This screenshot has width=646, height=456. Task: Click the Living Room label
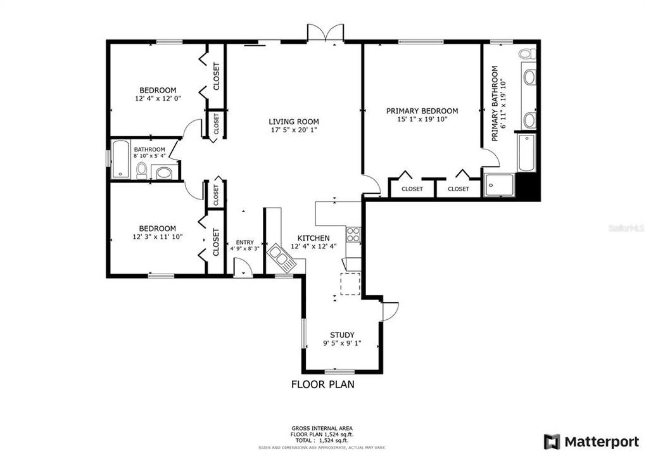click(293, 122)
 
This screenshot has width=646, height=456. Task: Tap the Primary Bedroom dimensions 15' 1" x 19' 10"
click(422, 120)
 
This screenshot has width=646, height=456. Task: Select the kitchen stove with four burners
click(353, 235)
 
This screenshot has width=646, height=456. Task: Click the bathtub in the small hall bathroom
click(120, 160)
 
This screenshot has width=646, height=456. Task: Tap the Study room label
click(342, 335)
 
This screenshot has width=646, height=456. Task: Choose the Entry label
click(244, 242)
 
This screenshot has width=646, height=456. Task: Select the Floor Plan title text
click(322, 384)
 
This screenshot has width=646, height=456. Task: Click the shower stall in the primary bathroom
click(498, 184)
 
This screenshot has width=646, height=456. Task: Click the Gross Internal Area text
click(322, 428)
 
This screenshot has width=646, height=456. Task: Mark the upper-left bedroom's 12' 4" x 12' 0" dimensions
click(158, 99)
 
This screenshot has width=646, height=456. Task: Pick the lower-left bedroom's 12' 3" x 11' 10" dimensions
click(158, 237)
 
